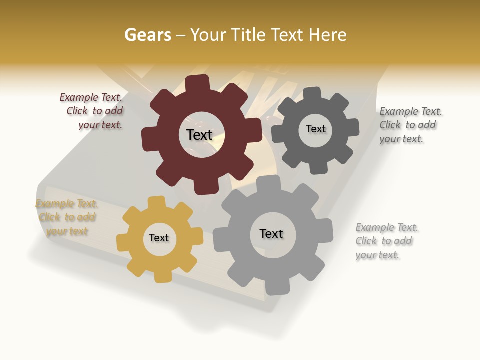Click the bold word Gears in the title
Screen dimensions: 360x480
point(147,35)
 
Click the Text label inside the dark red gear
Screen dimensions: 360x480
point(199,135)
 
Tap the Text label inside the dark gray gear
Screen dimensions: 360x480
point(315,129)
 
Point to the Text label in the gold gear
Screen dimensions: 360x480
point(159,238)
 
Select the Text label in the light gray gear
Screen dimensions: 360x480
point(271,233)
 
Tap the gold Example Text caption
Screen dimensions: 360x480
point(67,217)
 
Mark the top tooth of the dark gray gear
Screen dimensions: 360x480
point(312,93)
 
